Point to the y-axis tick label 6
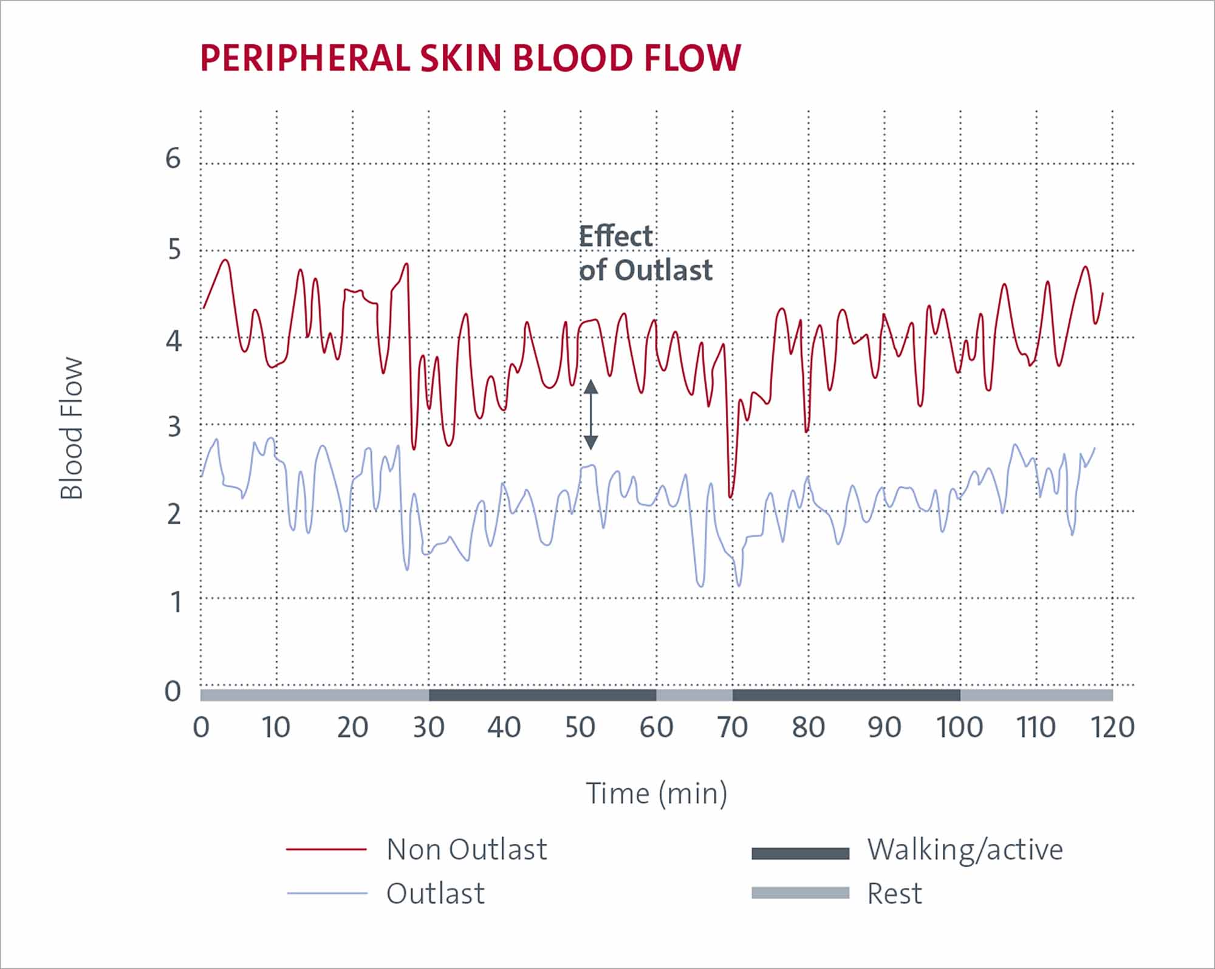coord(173,159)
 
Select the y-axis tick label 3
coord(174,428)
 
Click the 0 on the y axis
coord(173,692)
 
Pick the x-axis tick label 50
coord(580,727)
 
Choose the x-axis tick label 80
coord(808,727)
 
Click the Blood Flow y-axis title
coord(72,428)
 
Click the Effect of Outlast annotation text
coord(645,253)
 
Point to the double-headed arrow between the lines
coord(590,414)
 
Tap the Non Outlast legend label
coord(467,849)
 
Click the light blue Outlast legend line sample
coord(327,894)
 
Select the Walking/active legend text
coord(965,849)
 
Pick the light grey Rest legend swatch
coord(800,893)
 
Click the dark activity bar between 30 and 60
coord(542,695)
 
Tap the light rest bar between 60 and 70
coord(694,695)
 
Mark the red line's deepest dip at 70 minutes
coord(731,497)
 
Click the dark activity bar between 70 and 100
coord(846,695)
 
